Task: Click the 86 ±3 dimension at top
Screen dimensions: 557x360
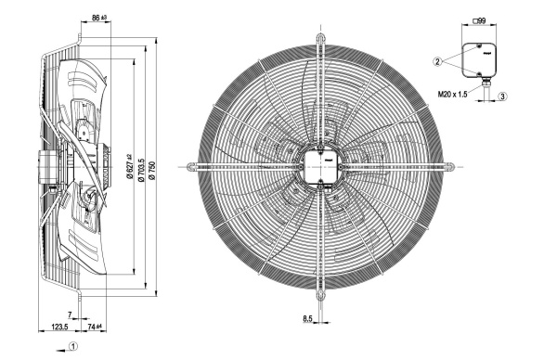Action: coord(99,18)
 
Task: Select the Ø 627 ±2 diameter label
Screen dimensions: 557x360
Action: coord(129,166)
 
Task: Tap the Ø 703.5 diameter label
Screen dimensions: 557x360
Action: coord(141,171)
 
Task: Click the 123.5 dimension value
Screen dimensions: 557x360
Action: coord(59,327)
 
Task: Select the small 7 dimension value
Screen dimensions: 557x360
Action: coord(70,315)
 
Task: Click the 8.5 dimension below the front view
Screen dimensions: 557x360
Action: coord(307,319)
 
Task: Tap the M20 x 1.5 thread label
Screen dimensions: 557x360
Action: coord(452,95)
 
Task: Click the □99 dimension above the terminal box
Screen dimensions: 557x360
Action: coord(479,21)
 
